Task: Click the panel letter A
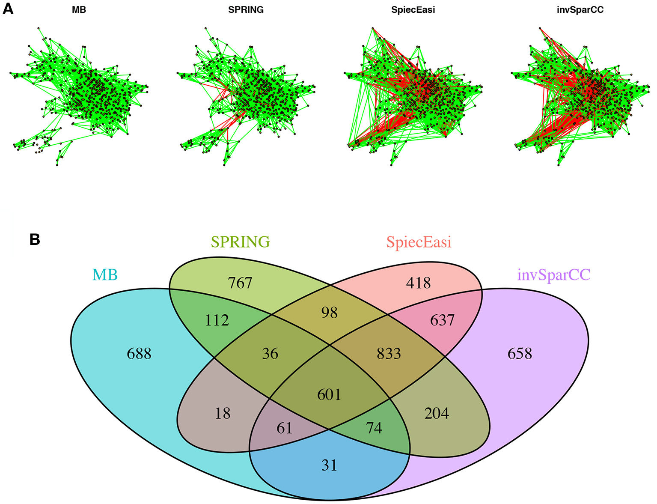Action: (x=8, y=9)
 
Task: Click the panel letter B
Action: (x=35, y=239)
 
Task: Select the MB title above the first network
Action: (x=79, y=10)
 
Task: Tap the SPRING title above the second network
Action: (x=246, y=10)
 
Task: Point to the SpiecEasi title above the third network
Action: (x=413, y=10)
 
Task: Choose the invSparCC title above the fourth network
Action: (x=580, y=10)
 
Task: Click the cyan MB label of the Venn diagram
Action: (x=105, y=274)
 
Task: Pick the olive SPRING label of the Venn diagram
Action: (x=241, y=242)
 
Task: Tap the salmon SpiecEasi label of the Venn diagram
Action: (x=419, y=242)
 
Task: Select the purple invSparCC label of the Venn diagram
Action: (x=554, y=274)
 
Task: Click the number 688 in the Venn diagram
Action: (x=139, y=354)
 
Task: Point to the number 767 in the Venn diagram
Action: (x=240, y=283)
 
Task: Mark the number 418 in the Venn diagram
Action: (x=418, y=283)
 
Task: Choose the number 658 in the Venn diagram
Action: (x=520, y=354)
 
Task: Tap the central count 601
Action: (x=329, y=394)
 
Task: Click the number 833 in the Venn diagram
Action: (x=389, y=354)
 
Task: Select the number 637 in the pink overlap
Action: (x=442, y=320)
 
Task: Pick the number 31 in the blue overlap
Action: (x=329, y=465)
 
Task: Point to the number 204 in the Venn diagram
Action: (x=437, y=413)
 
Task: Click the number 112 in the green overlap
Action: (x=217, y=320)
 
